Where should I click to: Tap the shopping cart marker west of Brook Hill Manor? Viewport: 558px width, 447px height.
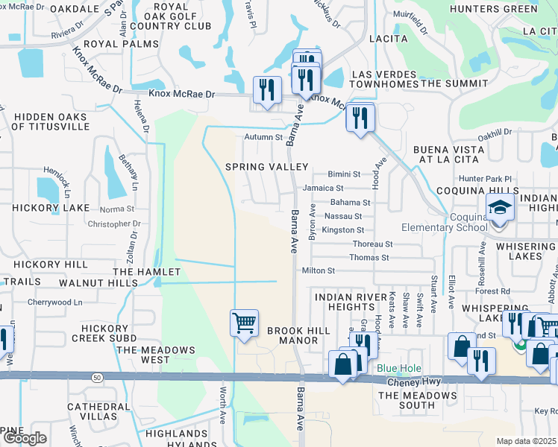[244, 323]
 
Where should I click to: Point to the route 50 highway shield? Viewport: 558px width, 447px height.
[97, 378]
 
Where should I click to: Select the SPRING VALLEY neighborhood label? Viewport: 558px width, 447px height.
[267, 167]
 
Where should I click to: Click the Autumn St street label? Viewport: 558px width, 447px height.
[264, 137]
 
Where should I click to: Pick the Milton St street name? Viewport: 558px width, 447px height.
[319, 270]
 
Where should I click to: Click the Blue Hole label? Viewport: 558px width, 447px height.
[399, 369]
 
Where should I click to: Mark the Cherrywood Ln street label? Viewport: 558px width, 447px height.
[53, 302]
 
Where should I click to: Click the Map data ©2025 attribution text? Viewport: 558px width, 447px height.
[527, 441]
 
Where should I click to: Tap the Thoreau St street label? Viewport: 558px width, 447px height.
[372, 244]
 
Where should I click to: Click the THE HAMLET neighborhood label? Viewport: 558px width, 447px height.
[147, 273]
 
